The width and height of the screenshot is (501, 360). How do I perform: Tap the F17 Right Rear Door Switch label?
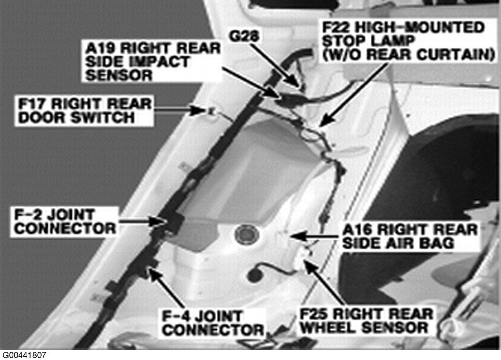point(84,110)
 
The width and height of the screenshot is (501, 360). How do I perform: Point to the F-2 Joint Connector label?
point(64,220)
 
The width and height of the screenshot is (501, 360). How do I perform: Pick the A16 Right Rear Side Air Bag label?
point(409,236)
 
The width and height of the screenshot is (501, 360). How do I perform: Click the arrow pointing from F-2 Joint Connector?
point(141,220)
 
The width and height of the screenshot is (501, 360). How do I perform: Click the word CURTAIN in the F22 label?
point(455,55)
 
